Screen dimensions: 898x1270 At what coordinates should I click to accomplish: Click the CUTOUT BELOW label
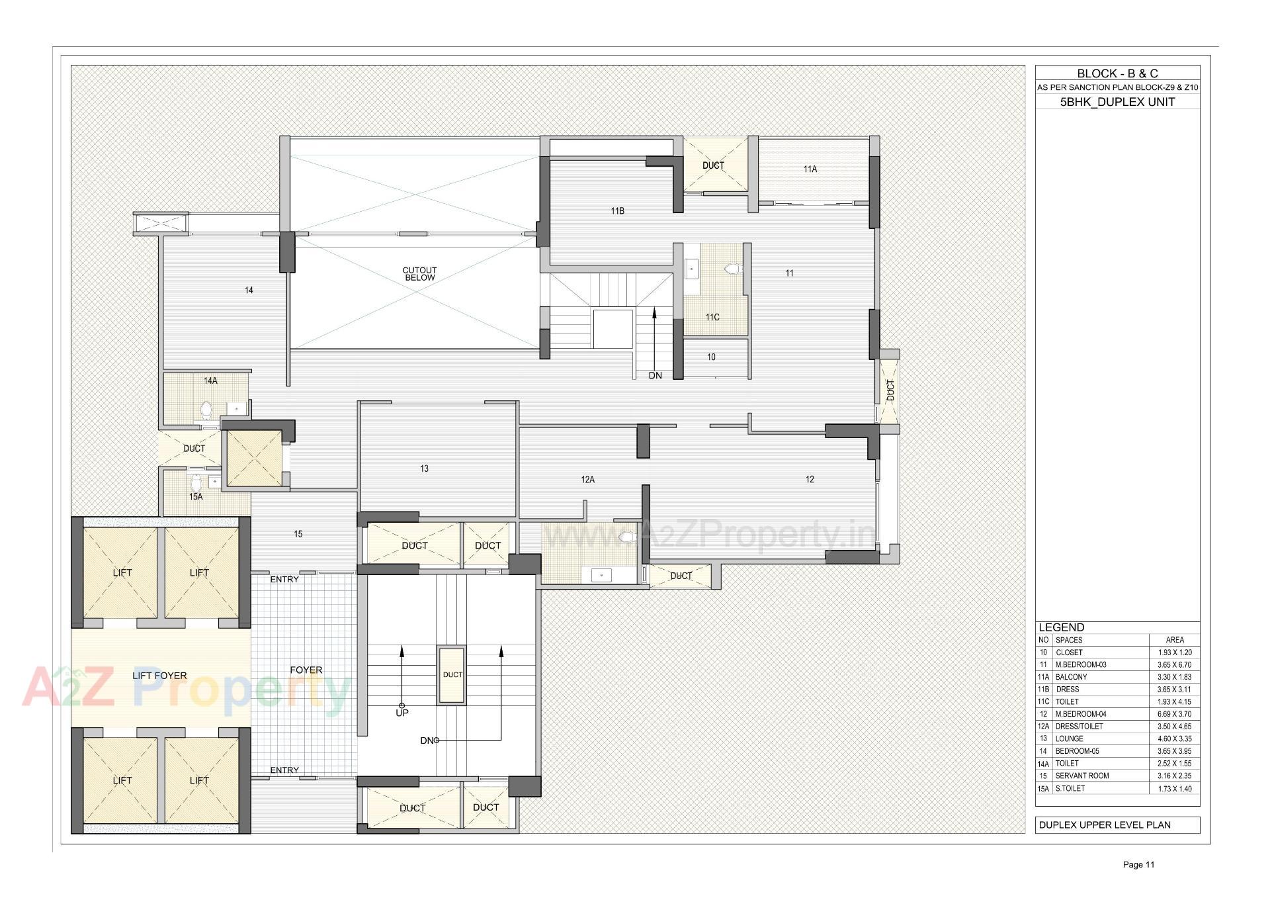419,274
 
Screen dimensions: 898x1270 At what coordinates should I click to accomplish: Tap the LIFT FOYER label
159,676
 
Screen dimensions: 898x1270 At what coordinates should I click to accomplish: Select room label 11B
617,211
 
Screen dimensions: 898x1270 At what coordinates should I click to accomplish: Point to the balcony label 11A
810,169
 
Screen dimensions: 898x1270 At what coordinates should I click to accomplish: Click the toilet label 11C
712,318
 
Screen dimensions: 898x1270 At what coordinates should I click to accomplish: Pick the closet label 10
711,357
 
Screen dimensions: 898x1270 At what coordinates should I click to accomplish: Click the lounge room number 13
424,469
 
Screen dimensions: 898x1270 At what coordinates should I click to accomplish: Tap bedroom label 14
249,291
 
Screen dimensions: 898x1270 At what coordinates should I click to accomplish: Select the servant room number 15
298,534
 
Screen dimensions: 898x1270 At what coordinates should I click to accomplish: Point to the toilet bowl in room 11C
732,269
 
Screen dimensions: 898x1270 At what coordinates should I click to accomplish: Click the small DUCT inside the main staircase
452,675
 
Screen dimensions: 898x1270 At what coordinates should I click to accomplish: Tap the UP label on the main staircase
402,713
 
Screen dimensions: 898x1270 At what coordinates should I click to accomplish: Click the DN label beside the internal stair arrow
655,376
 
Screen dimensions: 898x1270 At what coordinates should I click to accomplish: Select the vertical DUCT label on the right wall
890,390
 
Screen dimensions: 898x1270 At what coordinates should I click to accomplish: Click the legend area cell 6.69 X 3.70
1174,714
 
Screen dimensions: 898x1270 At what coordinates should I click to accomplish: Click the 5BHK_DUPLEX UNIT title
1117,102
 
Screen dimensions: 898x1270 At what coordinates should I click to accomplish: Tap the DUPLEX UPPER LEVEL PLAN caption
1105,825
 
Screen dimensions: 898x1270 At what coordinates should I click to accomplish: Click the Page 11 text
1138,864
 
